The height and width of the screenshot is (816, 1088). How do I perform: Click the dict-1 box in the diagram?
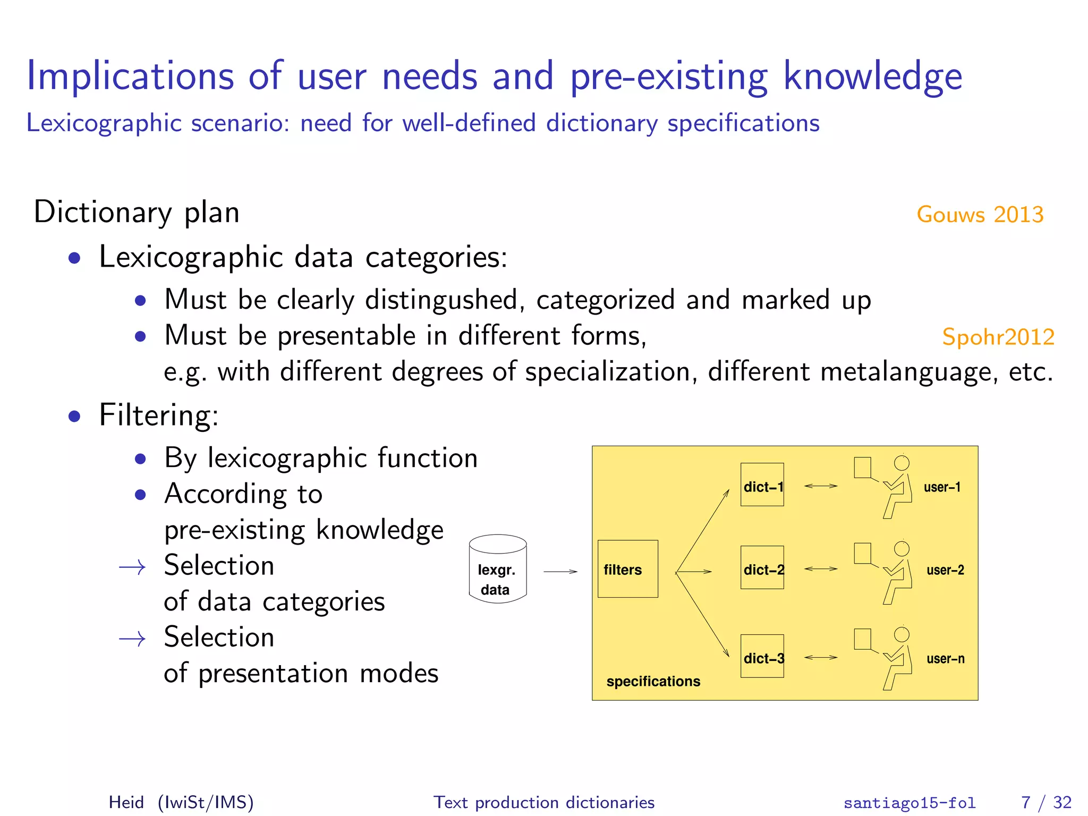pyautogui.click(x=762, y=484)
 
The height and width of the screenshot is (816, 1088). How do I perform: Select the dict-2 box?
pyautogui.click(x=762, y=567)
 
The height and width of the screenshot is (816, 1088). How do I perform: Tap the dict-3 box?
pyautogui.click(x=762, y=656)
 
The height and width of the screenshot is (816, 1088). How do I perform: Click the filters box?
pyautogui.click(x=627, y=569)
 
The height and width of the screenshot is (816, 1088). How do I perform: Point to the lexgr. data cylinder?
pyautogui.click(x=498, y=569)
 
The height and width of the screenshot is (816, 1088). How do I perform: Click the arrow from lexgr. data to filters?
pyautogui.click(x=560, y=572)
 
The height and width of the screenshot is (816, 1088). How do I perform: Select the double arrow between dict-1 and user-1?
pyautogui.click(x=821, y=486)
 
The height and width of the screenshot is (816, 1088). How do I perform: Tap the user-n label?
pyautogui.click(x=945, y=659)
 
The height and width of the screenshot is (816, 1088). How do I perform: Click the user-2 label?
pyautogui.click(x=945, y=570)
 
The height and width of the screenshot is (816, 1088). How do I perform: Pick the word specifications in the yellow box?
pyautogui.click(x=653, y=681)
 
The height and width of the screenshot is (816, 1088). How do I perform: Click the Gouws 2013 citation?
pyautogui.click(x=980, y=215)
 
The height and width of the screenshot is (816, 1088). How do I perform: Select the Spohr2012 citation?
pyautogui.click(x=998, y=337)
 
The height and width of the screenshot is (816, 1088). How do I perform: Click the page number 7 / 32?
pyautogui.click(x=1046, y=802)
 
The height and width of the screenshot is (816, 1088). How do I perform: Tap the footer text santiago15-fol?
pyautogui.click(x=909, y=803)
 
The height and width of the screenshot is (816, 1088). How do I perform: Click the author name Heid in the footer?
pyautogui.click(x=126, y=802)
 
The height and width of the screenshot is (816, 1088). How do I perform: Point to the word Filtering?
pyautogui.click(x=158, y=415)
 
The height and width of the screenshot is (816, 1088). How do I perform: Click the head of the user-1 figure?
pyautogui.click(x=902, y=463)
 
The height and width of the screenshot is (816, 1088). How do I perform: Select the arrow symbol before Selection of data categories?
pyautogui.click(x=132, y=567)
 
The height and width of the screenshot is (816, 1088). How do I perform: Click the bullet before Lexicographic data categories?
pyautogui.click(x=75, y=259)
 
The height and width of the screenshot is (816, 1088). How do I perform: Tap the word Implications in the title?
pyautogui.click(x=130, y=76)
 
